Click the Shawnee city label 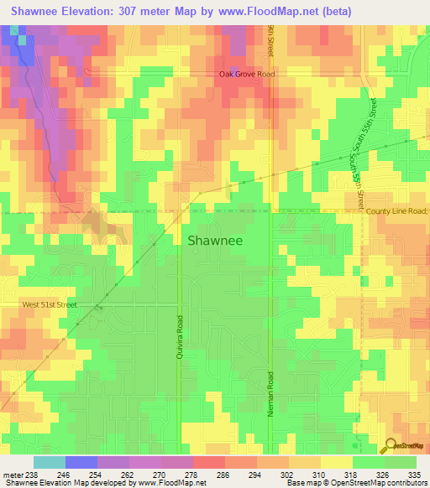coord(214,241)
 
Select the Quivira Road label coord(179,336)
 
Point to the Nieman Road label coord(270,390)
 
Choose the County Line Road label coord(396,211)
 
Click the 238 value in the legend coord(28,474)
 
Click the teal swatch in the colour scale coord(50,462)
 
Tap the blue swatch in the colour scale coord(81,462)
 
